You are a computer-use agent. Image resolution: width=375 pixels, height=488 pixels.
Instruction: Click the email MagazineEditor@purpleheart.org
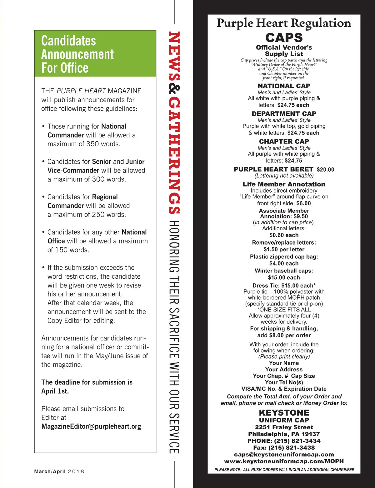point(91,427)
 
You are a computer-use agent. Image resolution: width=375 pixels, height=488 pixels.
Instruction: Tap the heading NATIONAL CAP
point(284,86)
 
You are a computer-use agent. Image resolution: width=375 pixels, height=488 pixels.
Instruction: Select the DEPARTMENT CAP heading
point(284,114)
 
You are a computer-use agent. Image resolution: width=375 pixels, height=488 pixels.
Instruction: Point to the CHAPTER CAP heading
point(284,141)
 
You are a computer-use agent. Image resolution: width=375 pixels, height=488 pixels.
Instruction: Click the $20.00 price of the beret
point(325,169)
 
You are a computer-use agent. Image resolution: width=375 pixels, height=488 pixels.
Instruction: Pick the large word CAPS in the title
point(284,38)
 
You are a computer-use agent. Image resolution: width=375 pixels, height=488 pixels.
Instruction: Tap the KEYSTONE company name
point(284,412)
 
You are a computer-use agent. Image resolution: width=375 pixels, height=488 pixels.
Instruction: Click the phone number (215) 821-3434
point(297,441)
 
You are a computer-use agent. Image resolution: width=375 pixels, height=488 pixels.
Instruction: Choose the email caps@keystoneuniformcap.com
point(284,455)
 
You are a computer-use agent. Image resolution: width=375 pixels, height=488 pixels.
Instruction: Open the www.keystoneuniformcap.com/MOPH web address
point(284,461)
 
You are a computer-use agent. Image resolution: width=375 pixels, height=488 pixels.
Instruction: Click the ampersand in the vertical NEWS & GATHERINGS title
point(174,89)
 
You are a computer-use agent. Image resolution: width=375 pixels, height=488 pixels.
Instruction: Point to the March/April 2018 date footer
point(59,471)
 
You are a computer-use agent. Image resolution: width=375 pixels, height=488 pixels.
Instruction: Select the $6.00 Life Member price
point(303,203)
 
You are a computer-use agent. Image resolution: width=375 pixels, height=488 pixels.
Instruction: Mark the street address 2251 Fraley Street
point(284,427)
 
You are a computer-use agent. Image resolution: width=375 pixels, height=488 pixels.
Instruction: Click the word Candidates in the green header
point(68,41)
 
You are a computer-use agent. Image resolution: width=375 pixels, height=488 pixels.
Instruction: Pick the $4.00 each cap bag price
point(284,264)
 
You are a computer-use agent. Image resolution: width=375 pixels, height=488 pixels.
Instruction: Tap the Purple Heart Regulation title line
point(284,23)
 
